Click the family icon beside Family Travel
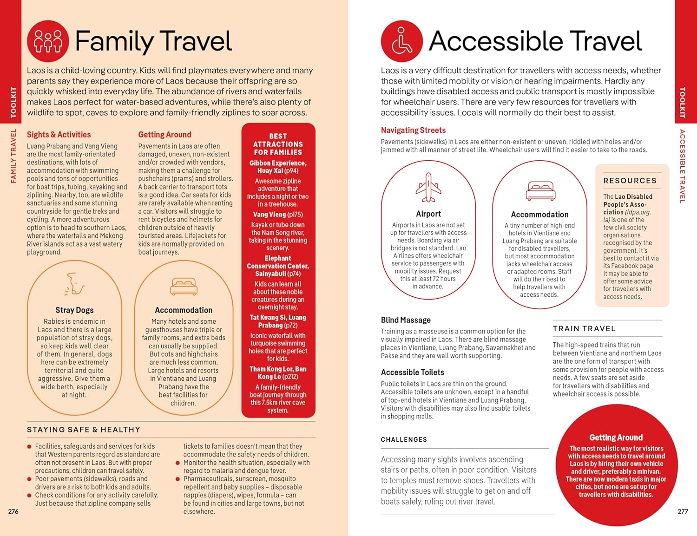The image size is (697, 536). [x=48, y=41]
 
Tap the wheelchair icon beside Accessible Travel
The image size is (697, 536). [x=401, y=41]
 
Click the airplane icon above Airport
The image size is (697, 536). [x=428, y=187]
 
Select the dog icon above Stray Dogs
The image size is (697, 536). [x=74, y=285]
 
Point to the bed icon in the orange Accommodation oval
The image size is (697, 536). [x=184, y=287]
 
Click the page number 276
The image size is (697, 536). [x=13, y=511]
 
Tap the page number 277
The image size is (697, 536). [x=683, y=511]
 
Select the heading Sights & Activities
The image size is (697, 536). [x=59, y=135]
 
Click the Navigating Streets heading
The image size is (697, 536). [x=413, y=131]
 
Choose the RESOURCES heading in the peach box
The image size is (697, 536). [x=630, y=181]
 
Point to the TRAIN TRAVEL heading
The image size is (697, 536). [x=584, y=328]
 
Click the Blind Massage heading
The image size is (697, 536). [x=406, y=320]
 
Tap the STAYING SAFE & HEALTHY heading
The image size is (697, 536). [x=84, y=430]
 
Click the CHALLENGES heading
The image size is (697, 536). [x=404, y=439]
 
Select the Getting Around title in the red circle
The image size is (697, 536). [x=616, y=438]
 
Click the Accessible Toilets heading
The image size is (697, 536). [x=412, y=373]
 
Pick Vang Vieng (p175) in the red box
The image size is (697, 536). [x=278, y=215]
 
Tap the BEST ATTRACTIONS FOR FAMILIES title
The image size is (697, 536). [x=278, y=144]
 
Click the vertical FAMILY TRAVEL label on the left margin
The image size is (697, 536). [x=13, y=156]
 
